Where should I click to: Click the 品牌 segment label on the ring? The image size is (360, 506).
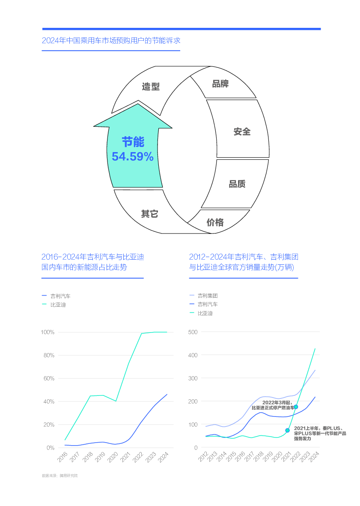pyautogui.click(x=220, y=84)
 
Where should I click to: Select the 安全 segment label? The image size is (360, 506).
pyautogui.click(x=242, y=132)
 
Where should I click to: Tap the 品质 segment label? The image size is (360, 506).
pyautogui.click(x=237, y=184)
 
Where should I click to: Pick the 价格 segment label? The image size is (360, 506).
pyautogui.click(x=215, y=222)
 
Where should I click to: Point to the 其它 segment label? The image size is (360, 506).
pyautogui.click(x=150, y=214)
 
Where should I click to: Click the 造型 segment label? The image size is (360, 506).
pyautogui.click(x=151, y=87)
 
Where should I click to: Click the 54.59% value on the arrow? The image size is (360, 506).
pyautogui.click(x=133, y=157)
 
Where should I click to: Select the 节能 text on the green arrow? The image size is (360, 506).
pyautogui.click(x=133, y=142)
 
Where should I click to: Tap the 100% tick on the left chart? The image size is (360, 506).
pyautogui.click(x=48, y=332)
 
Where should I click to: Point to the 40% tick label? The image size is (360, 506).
pyautogui.click(x=49, y=401)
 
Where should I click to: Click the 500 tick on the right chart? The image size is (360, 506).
pyautogui.click(x=193, y=332)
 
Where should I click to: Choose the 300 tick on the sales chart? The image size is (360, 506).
pyautogui.click(x=193, y=378)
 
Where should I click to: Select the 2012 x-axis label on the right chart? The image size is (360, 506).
pyautogui.click(x=203, y=458)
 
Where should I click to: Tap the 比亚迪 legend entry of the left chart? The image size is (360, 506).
pyautogui.click(x=58, y=305)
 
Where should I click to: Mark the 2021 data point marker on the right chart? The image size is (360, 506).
pyautogui.click(x=287, y=430)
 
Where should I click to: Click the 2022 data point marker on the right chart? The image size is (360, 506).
pyautogui.click(x=296, y=407)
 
